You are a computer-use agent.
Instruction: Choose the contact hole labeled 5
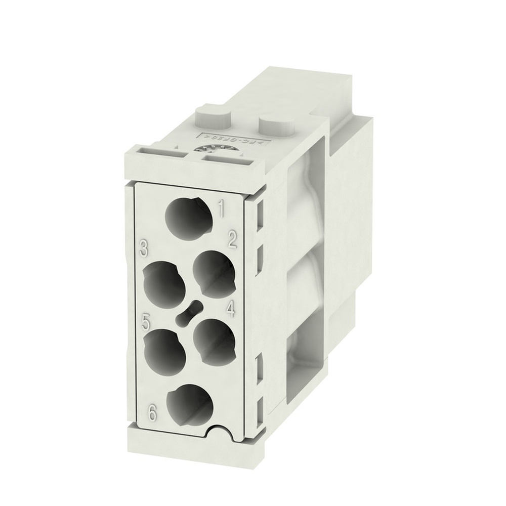tap(164, 350)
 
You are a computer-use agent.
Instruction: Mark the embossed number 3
tap(144, 248)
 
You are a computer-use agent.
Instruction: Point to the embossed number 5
tap(146, 320)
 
